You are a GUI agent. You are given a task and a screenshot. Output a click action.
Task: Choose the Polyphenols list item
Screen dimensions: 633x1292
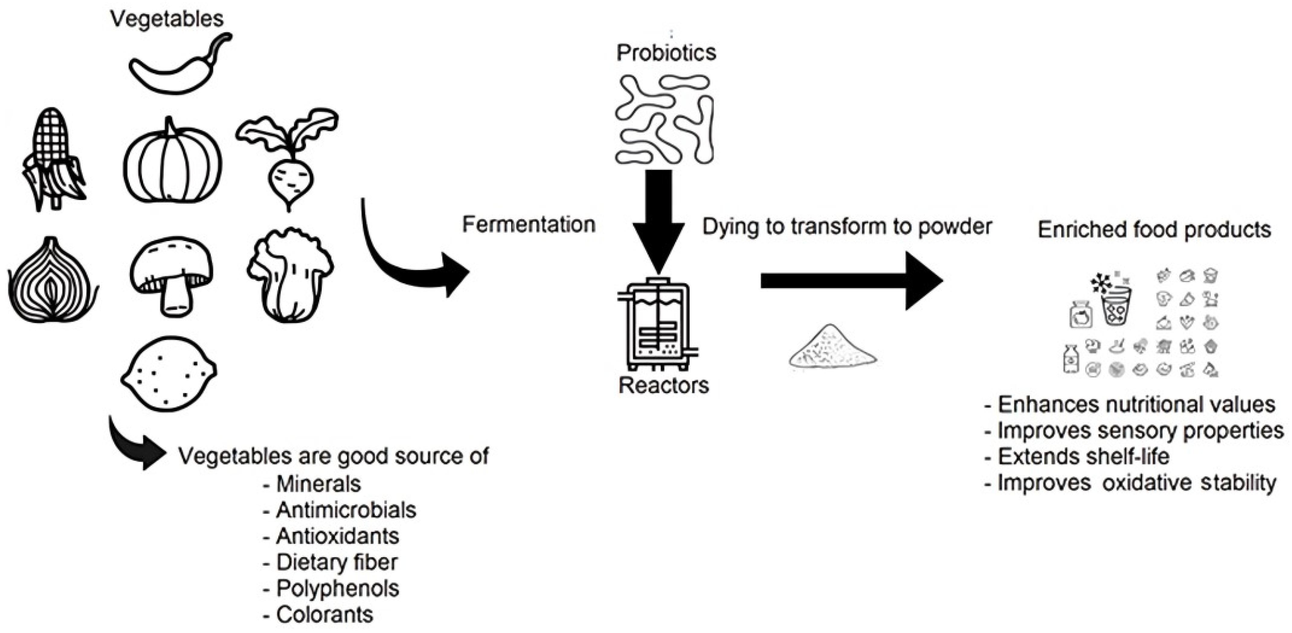(337, 588)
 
